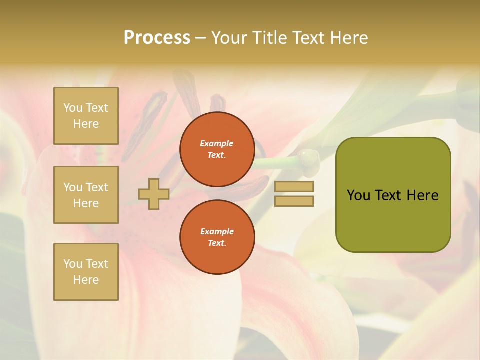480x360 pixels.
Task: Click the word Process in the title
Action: point(157,38)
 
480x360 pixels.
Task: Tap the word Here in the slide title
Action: point(347,38)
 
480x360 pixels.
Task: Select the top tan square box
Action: point(86,116)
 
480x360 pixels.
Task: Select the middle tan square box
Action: point(86,195)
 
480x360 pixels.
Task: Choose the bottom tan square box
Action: point(86,272)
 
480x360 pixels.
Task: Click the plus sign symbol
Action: point(154,194)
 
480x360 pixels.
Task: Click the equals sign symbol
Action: point(294,194)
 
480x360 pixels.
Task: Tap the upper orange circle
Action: point(217,149)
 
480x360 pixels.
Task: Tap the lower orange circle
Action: point(217,237)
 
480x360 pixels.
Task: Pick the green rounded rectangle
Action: point(393,195)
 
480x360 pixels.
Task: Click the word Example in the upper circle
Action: point(217,143)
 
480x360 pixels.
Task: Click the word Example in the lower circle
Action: point(217,231)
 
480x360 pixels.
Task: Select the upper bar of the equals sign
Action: point(294,187)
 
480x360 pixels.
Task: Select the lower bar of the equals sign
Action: point(294,201)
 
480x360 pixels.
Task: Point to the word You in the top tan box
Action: point(73,108)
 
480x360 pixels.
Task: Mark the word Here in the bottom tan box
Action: point(86,280)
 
